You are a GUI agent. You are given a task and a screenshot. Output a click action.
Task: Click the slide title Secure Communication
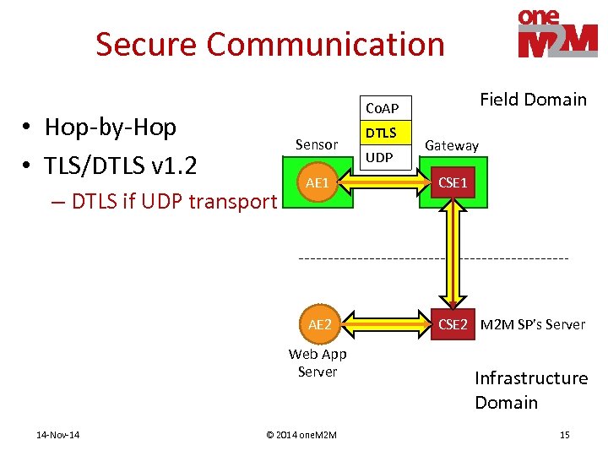coord(269,44)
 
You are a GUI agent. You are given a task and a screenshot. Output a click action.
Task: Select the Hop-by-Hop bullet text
coord(110,128)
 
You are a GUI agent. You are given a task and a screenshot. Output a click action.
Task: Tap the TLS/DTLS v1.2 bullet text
coord(120,165)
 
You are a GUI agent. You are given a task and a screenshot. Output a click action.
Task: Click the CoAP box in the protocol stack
coord(382,108)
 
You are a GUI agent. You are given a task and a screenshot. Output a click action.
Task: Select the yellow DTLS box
coord(381,133)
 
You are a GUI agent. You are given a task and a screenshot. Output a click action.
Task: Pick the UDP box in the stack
coord(381,158)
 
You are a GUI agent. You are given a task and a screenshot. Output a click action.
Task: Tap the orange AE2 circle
coord(319,323)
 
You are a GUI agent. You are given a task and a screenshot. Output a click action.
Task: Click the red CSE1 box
coord(453,183)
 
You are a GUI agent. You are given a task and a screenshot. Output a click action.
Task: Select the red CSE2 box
coord(453,323)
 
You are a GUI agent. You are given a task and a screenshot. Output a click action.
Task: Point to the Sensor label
coord(317,145)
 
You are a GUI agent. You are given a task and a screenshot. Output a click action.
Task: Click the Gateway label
coord(452,145)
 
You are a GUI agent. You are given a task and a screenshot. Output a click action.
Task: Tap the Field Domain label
coord(533,100)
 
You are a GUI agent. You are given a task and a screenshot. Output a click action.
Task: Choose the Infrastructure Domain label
coord(530,390)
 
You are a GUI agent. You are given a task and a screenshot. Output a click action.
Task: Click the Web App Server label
coord(318,363)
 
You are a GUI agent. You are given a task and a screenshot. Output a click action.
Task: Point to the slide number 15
coord(564,435)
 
